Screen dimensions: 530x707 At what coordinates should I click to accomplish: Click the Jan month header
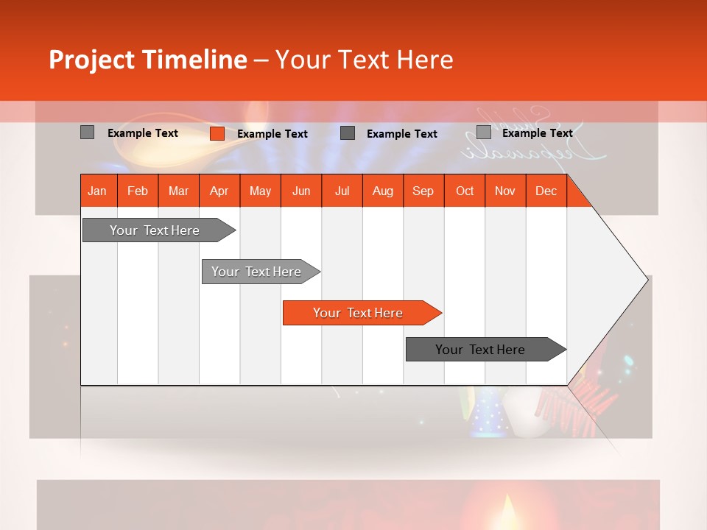pyautogui.click(x=97, y=191)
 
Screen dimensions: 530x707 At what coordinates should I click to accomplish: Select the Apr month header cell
pyautogui.click(x=219, y=191)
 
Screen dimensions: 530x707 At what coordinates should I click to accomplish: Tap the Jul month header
pyautogui.click(x=342, y=191)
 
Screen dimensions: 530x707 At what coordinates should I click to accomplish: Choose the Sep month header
pyautogui.click(x=423, y=191)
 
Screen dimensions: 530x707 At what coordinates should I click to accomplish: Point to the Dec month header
pyautogui.click(x=546, y=191)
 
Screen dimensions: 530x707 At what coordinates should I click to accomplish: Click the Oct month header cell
pyautogui.click(x=464, y=191)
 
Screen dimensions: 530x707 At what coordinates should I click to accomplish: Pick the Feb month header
pyautogui.click(x=138, y=191)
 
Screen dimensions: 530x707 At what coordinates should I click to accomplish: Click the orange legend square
pyautogui.click(x=217, y=133)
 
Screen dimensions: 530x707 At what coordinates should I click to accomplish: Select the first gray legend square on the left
pyautogui.click(x=87, y=132)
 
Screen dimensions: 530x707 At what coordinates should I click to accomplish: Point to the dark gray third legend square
pyautogui.click(x=348, y=133)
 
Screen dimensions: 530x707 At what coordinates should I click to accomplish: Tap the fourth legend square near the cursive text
pyautogui.click(x=483, y=132)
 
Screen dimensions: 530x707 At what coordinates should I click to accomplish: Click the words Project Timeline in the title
pyautogui.click(x=147, y=60)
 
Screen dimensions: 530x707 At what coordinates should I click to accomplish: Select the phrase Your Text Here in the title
pyautogui.click(x=364, y=60)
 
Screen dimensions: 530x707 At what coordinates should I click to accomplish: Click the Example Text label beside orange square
pyautogui.click(x=272, y=134)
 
